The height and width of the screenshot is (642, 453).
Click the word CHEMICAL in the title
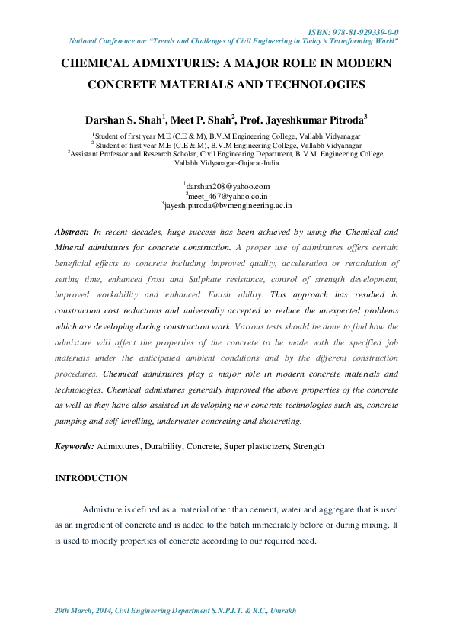coord(98,64)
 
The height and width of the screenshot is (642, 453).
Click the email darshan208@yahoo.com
coord(228,186)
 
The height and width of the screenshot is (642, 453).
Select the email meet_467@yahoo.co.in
coord(228,195)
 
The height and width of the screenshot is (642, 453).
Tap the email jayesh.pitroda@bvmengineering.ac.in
coord(228,205)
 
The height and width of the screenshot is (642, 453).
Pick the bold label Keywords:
coord(75,446)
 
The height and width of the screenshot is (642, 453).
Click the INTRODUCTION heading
coord(91,478)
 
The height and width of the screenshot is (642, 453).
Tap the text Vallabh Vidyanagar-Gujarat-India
coord(226,163)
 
